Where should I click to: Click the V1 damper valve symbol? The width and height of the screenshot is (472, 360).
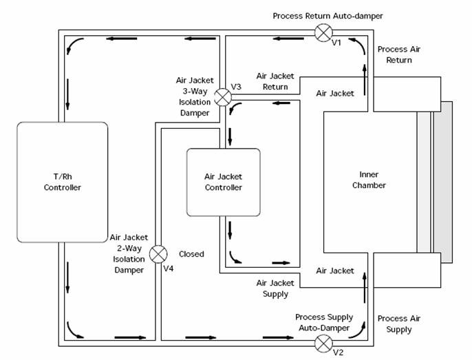pyautogui.click(x=323, y=32)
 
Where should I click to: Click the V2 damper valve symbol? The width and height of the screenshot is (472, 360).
pyautogui.click(x=323, y=342)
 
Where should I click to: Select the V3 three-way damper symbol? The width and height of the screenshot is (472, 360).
pyautogui.click(x=222, y=97)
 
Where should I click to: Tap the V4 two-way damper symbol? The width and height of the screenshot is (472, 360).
pyautogui.click(x=158, y=253)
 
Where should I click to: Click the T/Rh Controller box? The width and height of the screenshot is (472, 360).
pyautogui.click(x=63, y=182)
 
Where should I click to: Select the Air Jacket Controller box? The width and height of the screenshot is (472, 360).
pyautogui.click(x=224, y=182)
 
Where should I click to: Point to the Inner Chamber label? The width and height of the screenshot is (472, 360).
pyautogui.click(x=369, y=180)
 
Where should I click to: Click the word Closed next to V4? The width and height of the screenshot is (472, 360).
pyautogui.click(x=191, y=254)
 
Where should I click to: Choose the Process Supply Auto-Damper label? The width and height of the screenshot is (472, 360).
pyautogui.click(x=324, y=321)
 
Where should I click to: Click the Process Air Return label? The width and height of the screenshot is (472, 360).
pyautogui.click(x=395, y=55)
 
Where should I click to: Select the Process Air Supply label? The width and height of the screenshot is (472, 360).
pyautogui.click(x=395, y=324)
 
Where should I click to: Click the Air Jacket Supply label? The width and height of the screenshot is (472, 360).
pyautogui.click(x=274, y=288)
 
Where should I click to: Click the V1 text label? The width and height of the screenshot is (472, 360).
pyautogui.click(x=336, y=43)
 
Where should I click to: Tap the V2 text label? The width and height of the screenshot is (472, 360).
pyautogui.click(x=337, y=352)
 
